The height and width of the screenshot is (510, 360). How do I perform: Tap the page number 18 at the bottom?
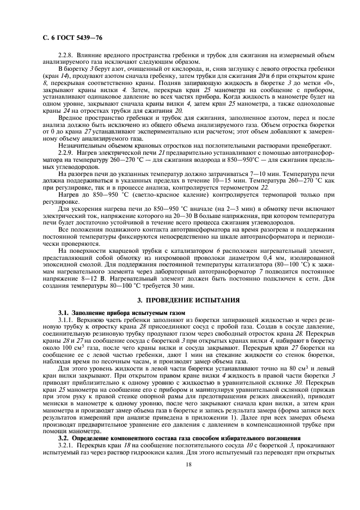tap(180, 464)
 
